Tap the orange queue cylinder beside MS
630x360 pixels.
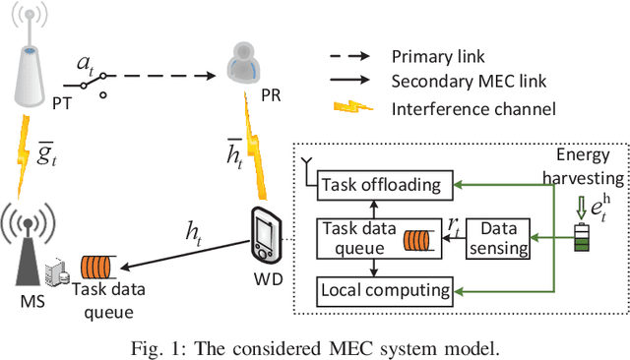[97, 266]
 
